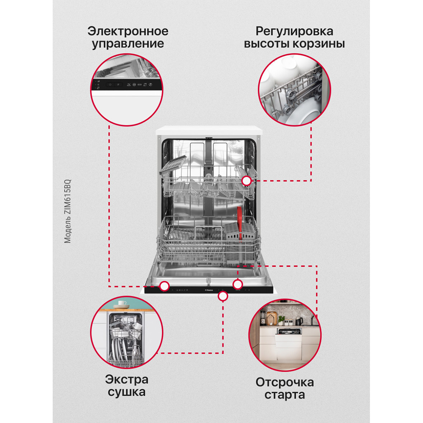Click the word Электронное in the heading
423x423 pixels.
click(x=128, y=31)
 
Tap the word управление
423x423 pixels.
click(x=128, y=44)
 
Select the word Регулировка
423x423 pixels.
click(x=294, y=32)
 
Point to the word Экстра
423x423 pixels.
click(x=127, y=380)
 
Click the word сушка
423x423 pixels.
click(x=127, y=392)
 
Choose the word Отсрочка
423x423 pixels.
click(x=285, y=382)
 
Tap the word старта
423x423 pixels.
click(x=285, y=395)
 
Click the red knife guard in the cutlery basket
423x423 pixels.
click(x=239, y=223)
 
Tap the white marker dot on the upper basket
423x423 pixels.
click(x=246, y=181)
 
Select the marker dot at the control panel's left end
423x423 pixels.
click(x=164, y=286)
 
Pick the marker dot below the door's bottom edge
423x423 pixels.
click(x=223, y=296)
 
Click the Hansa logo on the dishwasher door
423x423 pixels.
click(x=209, y=290)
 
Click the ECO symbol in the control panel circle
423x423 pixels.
click(x=139, y=85)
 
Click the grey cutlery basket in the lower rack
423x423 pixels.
click(x=240, y=243)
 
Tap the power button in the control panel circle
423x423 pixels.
click(x=110, y=85)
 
